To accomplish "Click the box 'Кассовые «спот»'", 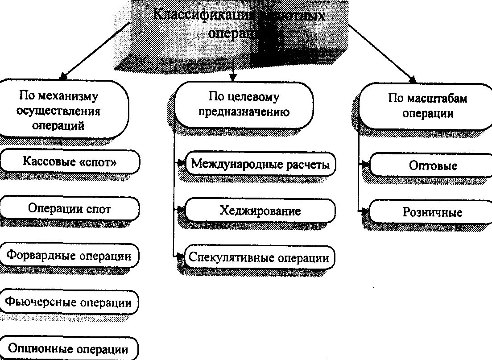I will coord(70,162).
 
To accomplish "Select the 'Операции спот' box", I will coord(70,209).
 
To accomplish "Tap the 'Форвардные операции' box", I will coord(69,256).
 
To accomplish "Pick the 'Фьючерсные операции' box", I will coord(69,302).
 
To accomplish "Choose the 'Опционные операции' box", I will coord(69,349).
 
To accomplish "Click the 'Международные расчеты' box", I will coord(260,164).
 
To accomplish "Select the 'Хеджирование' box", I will coord(260,211).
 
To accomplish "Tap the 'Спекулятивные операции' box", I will coord(259,257).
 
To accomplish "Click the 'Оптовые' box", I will coord(433,166).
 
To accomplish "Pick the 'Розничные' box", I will coord(433,212).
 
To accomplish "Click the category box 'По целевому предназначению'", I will coord(244,104).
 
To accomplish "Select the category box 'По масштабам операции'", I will coord(427,106).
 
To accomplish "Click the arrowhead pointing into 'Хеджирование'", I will coord(181,209).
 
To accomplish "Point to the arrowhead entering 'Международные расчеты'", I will coord(181,163).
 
